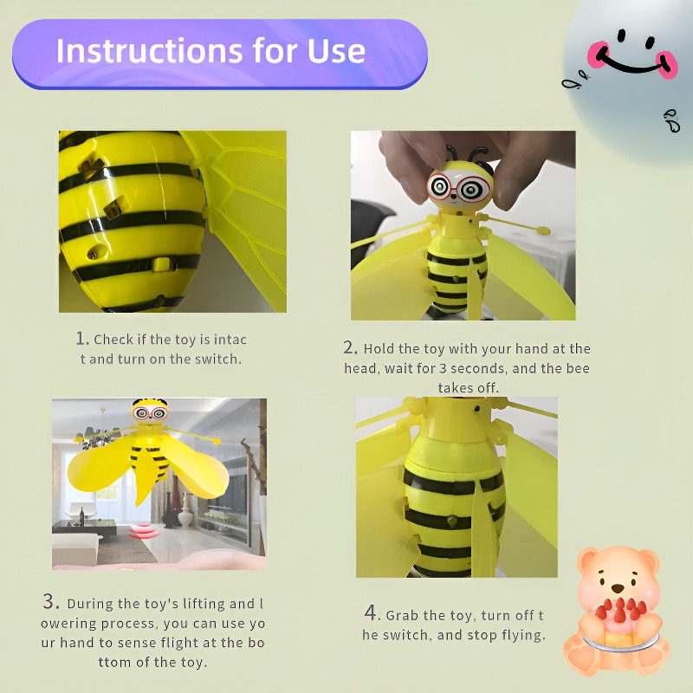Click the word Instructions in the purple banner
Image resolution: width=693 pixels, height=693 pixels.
pos(149,51)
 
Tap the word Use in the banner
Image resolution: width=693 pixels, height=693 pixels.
pos(336,51)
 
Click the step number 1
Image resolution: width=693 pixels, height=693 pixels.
pos(81,339)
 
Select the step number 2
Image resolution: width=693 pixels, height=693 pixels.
pos(349,347)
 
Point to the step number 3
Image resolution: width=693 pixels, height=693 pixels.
pos(49,601)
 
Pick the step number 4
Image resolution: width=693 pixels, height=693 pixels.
pos(371,613)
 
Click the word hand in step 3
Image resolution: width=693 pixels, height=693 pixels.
pos(76,642)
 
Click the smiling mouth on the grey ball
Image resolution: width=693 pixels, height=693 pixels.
pos(631,62)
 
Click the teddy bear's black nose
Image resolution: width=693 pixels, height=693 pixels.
pos(618,588)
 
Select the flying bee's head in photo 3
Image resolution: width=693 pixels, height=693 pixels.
pos(151,412)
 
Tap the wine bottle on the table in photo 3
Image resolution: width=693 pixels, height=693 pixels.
pos(81,516)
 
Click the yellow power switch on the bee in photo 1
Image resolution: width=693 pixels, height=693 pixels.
pos(161,263)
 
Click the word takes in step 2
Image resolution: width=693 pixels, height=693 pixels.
pos(453,387)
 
